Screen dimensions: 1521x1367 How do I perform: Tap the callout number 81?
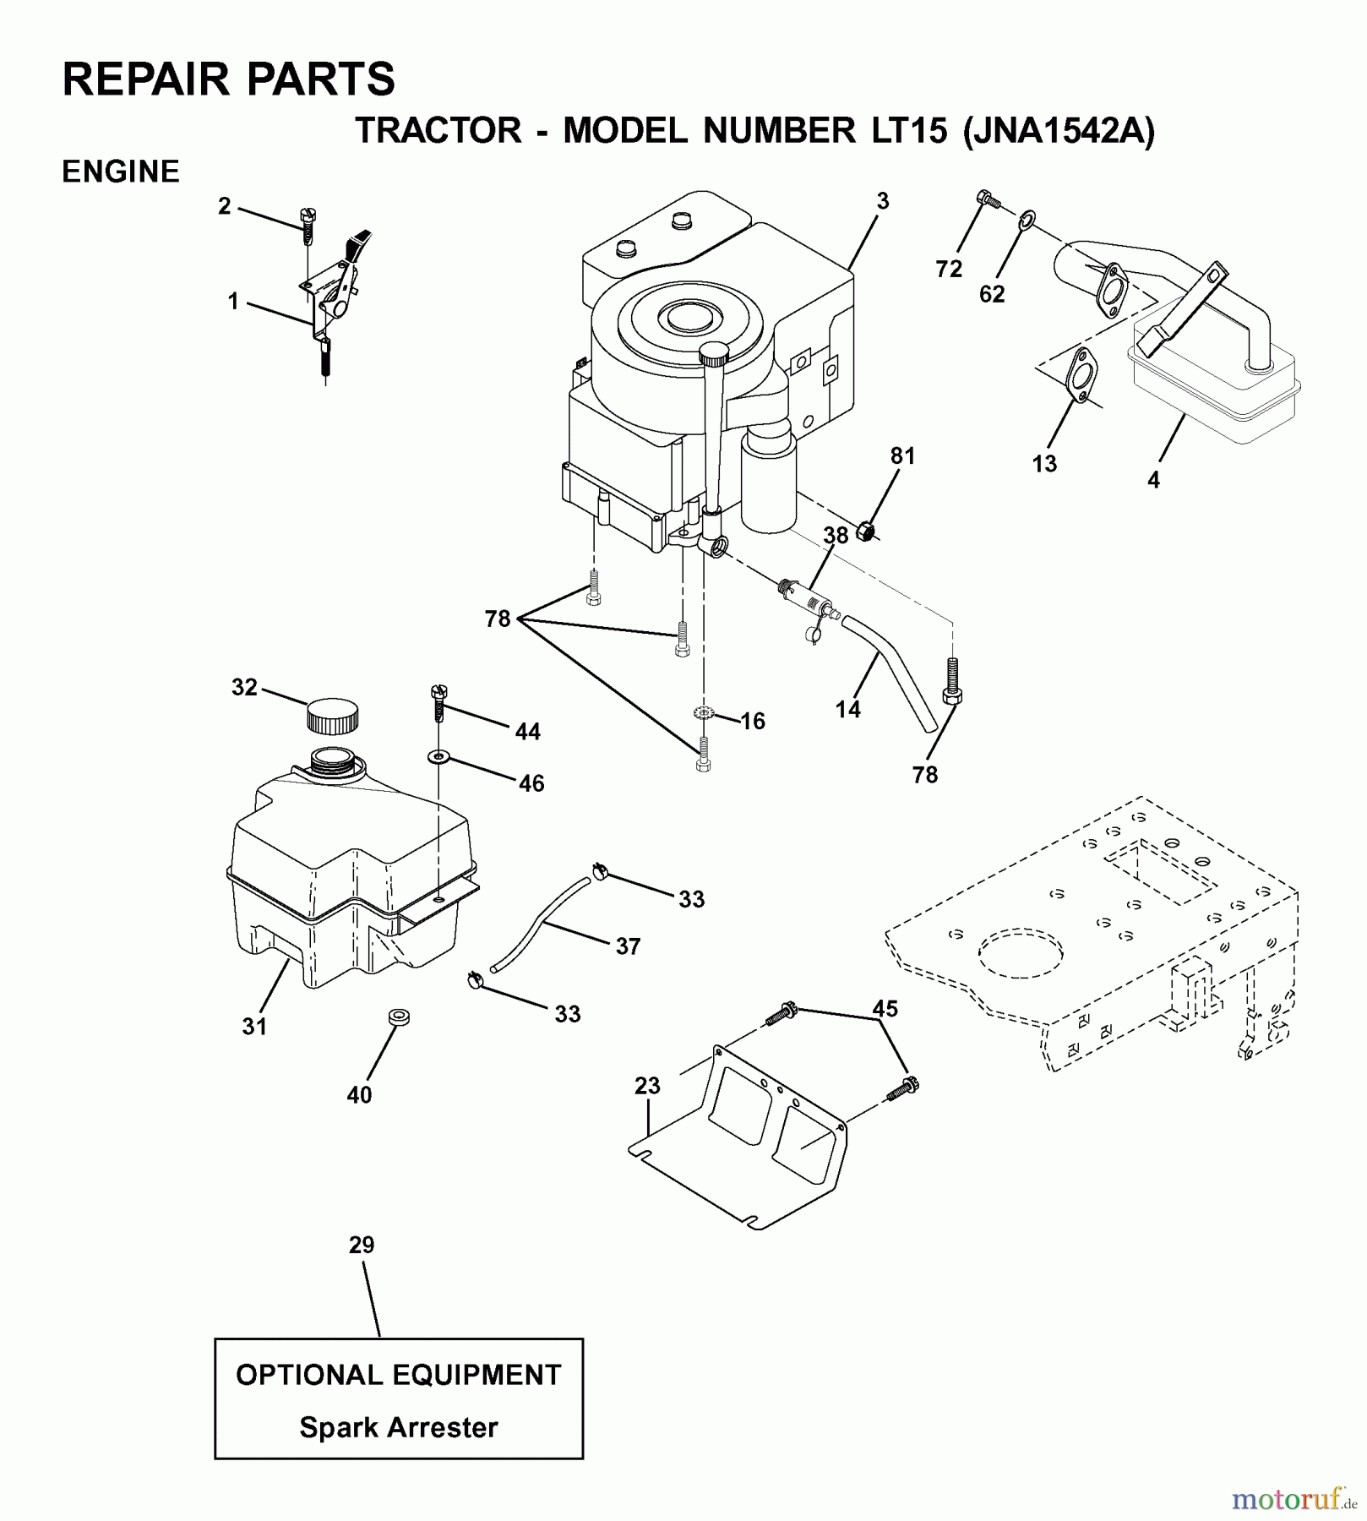(902, 455)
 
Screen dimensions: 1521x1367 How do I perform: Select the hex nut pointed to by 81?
(865, 532)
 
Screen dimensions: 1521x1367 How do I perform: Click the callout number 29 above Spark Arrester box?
(362, 1245)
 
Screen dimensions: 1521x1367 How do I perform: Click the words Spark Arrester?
(398, 1427)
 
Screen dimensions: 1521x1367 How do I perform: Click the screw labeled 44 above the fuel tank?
(438, 701)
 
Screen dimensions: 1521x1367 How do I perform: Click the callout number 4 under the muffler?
(1153, 480)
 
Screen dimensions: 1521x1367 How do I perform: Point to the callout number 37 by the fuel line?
(628, 946)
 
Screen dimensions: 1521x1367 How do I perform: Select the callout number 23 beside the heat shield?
(647, 1085)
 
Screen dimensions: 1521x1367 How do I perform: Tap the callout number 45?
(885, 1008)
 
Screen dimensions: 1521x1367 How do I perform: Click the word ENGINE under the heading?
(121, 172)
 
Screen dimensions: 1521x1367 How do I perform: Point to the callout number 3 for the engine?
(882, 201)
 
